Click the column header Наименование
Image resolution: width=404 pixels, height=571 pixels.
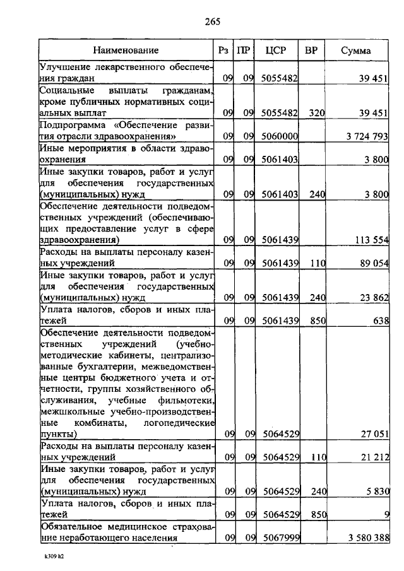(126, 50)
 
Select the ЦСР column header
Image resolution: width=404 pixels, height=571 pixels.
(278, 50)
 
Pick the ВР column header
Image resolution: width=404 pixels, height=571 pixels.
(311, 50)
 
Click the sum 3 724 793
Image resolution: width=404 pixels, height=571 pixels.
(367, 136)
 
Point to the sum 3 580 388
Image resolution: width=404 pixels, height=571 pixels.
(367, 538)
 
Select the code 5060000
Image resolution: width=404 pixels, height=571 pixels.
(279, 136)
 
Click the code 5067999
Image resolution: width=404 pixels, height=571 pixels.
(279, 538)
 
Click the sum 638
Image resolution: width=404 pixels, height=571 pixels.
(380, 321)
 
